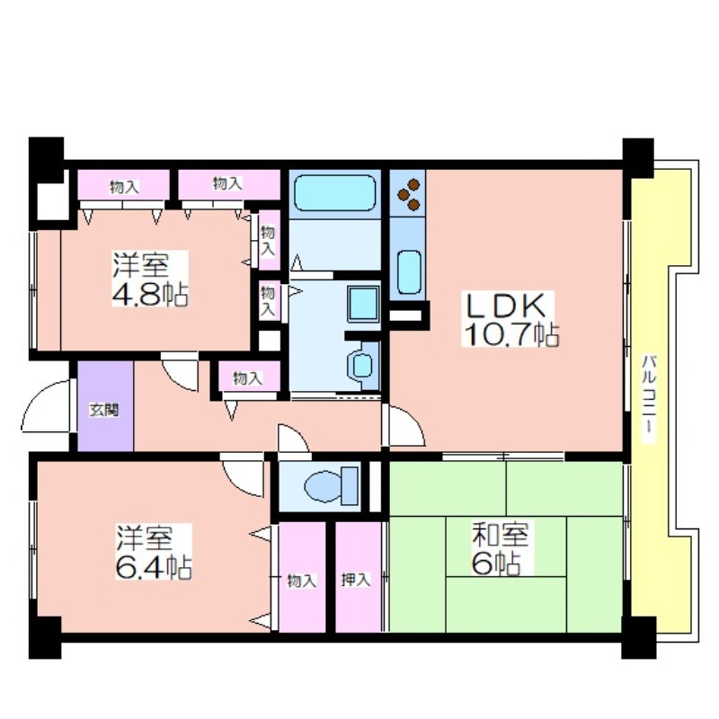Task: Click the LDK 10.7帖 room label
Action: tap(510, 318)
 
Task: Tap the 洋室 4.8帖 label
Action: tap(149, 279)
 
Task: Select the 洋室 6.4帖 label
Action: tap(153, 552)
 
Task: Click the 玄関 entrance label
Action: tap(104, 409)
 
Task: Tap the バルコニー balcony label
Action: tap(647, 399)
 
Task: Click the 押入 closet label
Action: tap(355, 580)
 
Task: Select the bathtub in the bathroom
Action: tap(334, 192)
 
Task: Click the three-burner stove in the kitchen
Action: tap(409, 194)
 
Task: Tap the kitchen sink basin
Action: tap(409, 272)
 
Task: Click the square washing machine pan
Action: tap(363, 304)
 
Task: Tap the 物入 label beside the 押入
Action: tap(301, 581)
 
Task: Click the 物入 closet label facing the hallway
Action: tap(248, 378)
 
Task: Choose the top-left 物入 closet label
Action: tap(124, 187)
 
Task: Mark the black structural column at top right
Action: tap(638, 157)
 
